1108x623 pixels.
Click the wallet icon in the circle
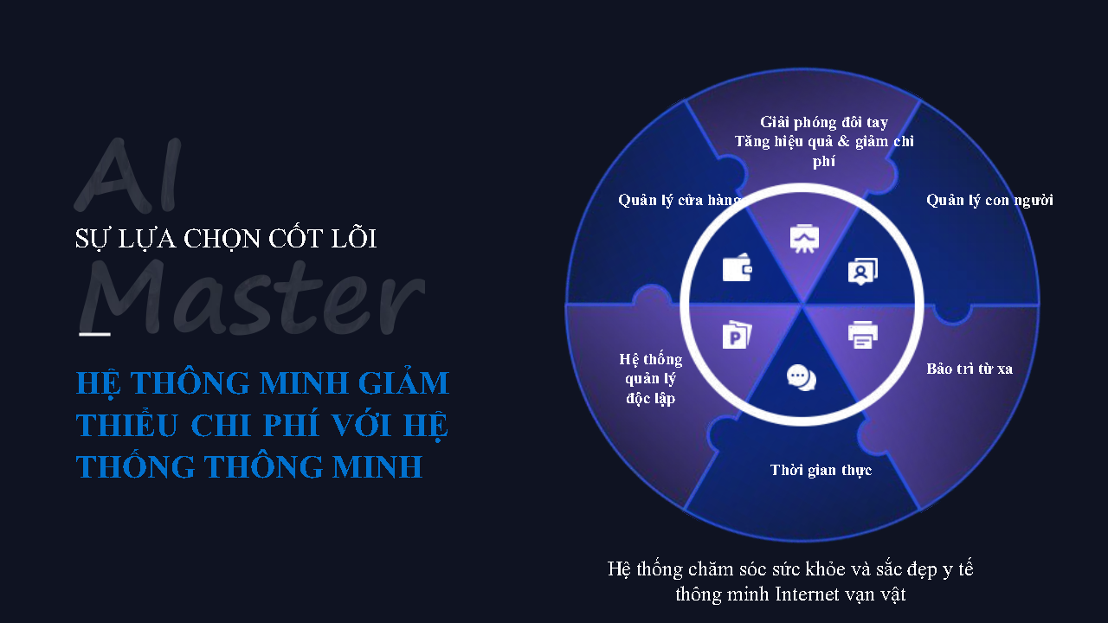pos(737,267)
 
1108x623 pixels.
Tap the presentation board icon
pos(804,239)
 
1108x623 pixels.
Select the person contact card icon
pos(863,271)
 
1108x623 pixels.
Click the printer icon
pos(863,335)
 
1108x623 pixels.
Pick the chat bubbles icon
pos(802,378)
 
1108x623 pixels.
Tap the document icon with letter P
pos(737,335)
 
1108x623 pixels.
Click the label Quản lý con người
pos(989,200)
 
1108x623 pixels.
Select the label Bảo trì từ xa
pos(969,369)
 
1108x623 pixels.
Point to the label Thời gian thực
pos(821,470)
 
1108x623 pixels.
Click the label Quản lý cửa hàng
pos(680,200)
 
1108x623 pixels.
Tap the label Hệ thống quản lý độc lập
pos(650,379)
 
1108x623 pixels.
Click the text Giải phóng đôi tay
pos(824,122)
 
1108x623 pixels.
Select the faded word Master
pos(252,297)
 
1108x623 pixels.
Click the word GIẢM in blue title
pos(403,383)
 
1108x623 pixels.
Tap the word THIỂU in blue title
pos(126,424)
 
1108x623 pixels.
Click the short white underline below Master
pos(94,334)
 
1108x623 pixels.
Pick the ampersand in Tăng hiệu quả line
pos(844,142)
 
